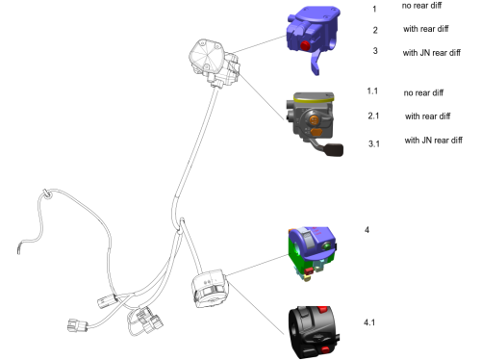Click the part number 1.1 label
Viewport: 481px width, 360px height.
click(372, 91)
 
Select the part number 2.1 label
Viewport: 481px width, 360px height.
click(373, 116)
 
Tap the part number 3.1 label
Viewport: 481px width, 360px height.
click(374, 143)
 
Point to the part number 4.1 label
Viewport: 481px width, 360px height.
click(369, 322)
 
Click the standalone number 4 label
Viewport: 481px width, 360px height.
click(367, 230)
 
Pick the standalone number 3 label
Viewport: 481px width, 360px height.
click(375, 51)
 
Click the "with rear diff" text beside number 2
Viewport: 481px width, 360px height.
click(426, 29)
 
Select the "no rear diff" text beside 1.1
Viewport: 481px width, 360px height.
click(423, 92)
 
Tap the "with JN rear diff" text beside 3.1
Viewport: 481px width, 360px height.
click(433, 140)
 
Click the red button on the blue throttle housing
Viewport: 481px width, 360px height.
click(305, 46)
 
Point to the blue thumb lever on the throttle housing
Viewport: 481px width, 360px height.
click(316, 64)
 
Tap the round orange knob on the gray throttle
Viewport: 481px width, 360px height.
click(315, 120)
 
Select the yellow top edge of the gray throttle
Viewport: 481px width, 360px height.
click(314, 98)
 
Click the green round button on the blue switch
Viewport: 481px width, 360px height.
click(326, 246)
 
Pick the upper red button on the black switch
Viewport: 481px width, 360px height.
click(322, 310)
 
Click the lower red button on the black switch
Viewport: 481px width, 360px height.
click(325, 349)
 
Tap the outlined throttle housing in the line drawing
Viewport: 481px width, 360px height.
click(214, 63)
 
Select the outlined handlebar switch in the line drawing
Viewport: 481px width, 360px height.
click(210, 289)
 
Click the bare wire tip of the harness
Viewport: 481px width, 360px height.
click(18, 249)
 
